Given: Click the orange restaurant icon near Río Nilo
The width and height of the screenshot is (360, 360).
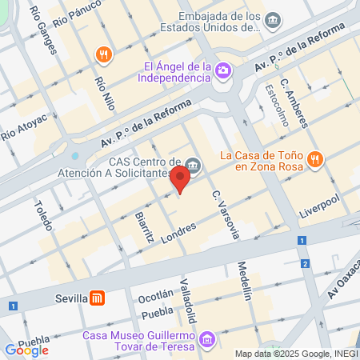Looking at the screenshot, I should point(102,54).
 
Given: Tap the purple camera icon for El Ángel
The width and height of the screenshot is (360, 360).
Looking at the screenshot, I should point(223,70).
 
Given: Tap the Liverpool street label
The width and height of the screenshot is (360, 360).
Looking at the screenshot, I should point(319,204).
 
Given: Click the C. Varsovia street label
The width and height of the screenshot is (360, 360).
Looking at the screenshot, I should point(226,214).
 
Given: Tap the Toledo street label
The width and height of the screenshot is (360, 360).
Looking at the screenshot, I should point(42,214).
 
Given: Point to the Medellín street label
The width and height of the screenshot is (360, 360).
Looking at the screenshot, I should point(245,281).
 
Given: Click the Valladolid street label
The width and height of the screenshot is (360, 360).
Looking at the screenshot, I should point(186,297).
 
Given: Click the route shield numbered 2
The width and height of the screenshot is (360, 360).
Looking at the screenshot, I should point(306,263).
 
